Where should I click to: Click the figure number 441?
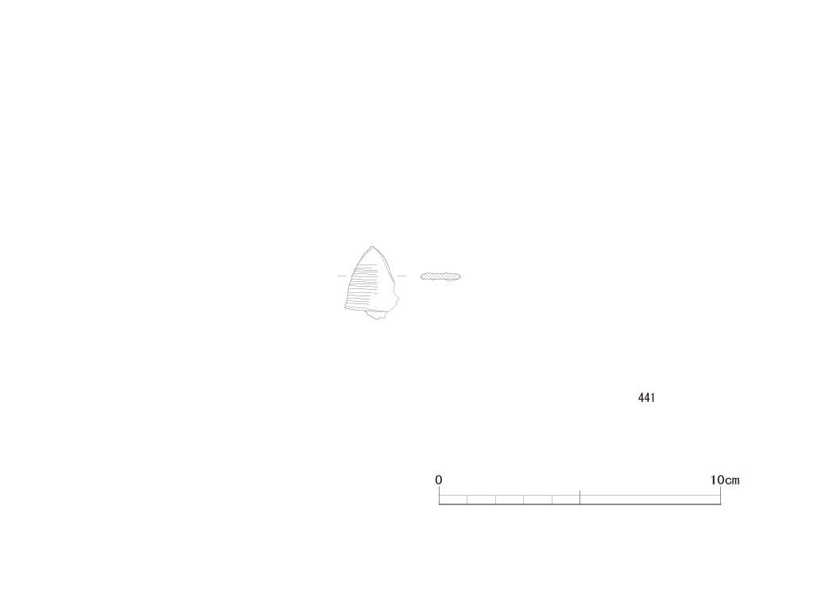[x=646, y=398]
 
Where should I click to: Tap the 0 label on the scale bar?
[x=439, y=480]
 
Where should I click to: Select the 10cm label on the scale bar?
[x=725, y=480]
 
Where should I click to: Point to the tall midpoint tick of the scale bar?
[x=579, y=497]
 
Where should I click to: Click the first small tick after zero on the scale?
[x=467, y=500]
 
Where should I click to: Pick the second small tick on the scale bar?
[x=496, y=500]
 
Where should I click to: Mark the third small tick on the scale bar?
[x=524, y=500]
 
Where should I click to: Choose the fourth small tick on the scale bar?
[x=552, y=500]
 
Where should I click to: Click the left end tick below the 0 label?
[x=439, y=496]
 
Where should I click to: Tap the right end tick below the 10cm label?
[x=720, y=496]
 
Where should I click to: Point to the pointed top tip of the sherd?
[x=372, y=247]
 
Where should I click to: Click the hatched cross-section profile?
[x=440, y=276]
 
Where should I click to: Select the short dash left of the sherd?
[x=342, y=276]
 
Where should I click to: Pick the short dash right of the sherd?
[x=401, y=276]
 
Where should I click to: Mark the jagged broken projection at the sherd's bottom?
[x=378, y=315]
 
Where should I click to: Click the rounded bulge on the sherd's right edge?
[x=397, y=298]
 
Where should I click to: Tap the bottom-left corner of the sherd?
[x=345, y=308]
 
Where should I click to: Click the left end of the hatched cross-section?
[x=421, y=276]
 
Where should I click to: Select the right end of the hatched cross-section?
[x=460, y=276]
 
